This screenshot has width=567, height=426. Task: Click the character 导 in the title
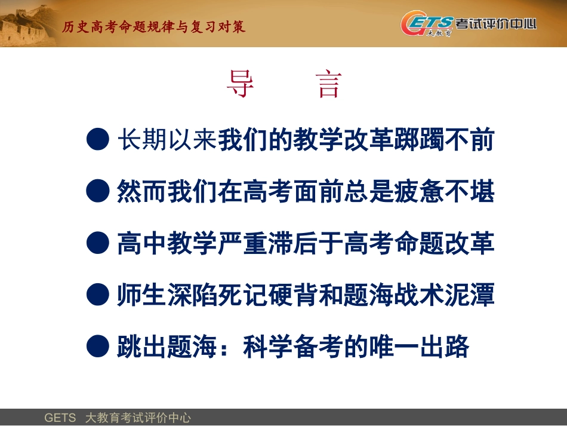pos(241,84)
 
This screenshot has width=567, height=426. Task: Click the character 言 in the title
pos(328,84)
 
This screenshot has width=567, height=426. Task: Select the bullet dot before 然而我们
pos(97,191)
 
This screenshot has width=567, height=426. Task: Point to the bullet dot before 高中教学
pos(97,243)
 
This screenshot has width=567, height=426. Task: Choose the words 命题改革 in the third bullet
pos(444,243)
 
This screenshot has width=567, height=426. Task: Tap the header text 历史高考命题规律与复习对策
pos(154,27)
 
